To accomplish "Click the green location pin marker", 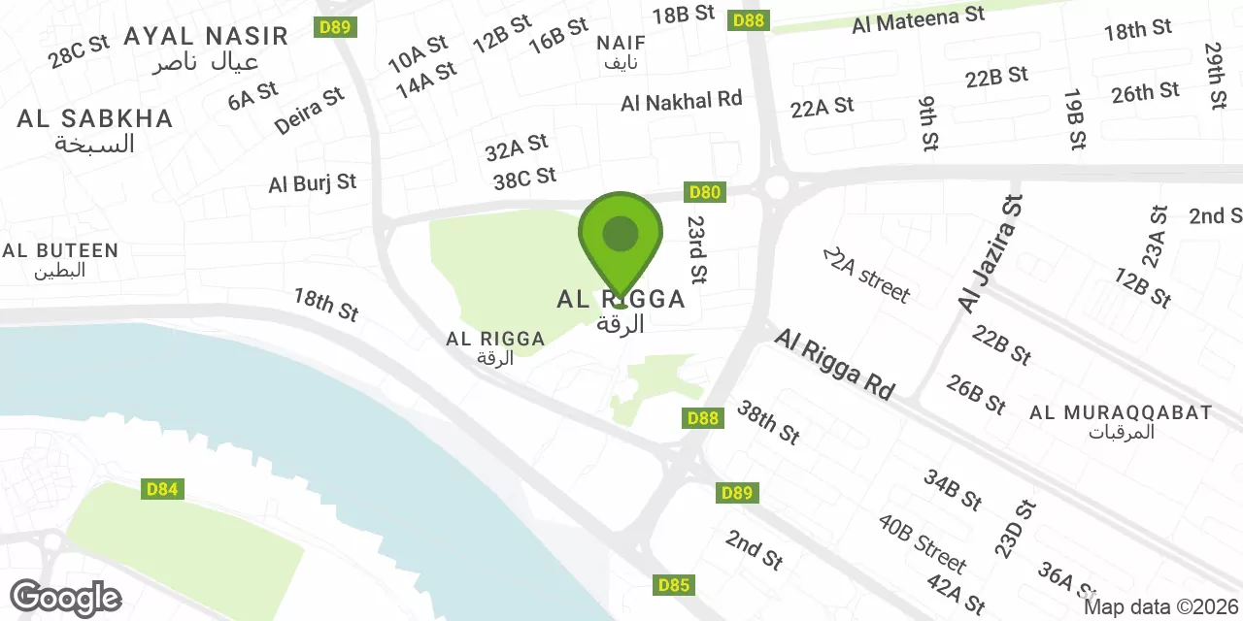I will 621,237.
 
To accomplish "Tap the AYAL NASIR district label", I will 206,37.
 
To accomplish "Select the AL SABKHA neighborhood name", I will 94,119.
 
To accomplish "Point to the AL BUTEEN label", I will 60,250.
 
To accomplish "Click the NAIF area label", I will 621,44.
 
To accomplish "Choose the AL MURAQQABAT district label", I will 1121,413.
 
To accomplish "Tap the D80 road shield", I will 704,192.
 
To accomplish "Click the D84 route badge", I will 162,489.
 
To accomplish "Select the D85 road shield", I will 674,585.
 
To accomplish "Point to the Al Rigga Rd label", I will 834,363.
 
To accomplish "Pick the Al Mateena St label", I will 918,19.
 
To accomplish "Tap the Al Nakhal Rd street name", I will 682,100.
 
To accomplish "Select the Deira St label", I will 310,111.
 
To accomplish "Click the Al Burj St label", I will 313,182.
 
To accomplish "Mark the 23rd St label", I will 696,249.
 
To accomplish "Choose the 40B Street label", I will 923,543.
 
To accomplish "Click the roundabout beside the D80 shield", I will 776,186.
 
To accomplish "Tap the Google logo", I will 66,598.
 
